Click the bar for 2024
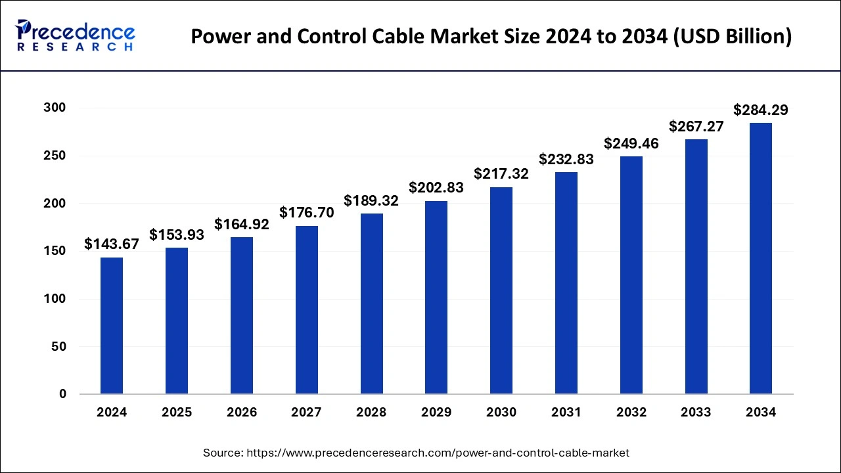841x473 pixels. pyautogui.click(x=112, y=326)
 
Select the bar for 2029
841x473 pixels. pyautogui.click(x=436, y=297)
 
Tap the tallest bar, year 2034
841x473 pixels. pyautogui.click(x=761, y=258)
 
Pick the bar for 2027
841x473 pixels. pyautogui.click(x=306, y=310)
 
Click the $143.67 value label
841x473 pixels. pyautogui.click(x=112, y=244)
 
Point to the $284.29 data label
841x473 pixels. pyautogui.click(x=761, y=110)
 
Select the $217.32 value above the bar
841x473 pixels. pyautogui.click(x=501, y=174)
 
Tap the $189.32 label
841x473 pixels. pyautogui.click(x=371, y=200)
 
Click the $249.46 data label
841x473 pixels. pyautogui.click(x=631, y=143)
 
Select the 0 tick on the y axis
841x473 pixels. pyautogui.click(x=62, y=394)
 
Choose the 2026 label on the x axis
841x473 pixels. pyautogui.click(x=242, y=413)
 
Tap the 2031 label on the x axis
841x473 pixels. pyautogui.click(x=566, y=413)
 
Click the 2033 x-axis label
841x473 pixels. pyautogui.click(x=696, y=413)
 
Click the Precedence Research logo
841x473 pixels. pyautogui.click(x=75, y=35)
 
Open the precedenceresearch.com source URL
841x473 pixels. pyautogui.click(x=437, y=453)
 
